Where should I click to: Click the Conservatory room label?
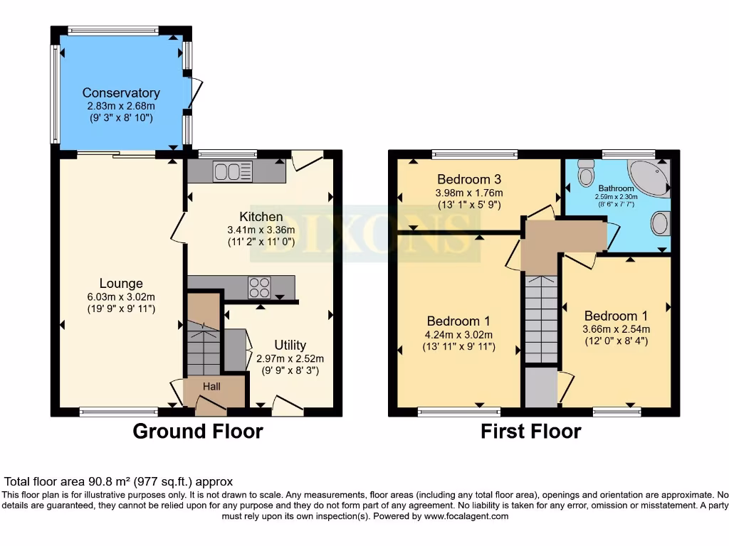tap(121, 92)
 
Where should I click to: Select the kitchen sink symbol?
tap(232, 172)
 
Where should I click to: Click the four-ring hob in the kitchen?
tap(259, 287)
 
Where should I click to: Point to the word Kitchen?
tap(261, 217)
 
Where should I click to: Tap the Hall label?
tap(211, 387)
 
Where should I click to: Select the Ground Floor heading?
tap(198, 432)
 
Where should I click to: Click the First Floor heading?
tap(530, 432)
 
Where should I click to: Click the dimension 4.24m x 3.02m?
tap(459, 334)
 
